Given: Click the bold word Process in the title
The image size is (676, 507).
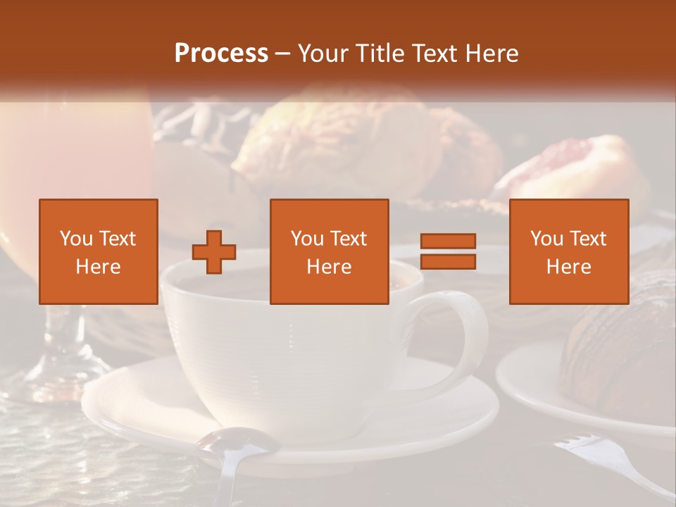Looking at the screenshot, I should click(x=221, y=54).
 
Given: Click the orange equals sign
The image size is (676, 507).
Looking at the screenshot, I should click(x=448, y=251).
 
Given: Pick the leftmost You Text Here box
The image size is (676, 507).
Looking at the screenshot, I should click(x=99, y=251).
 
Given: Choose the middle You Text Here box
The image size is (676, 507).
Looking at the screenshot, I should click(x=329, y=251).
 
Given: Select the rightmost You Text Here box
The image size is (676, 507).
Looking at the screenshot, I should click(x=568, y=251).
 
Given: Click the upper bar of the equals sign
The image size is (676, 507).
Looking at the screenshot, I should click(x=448, y=242).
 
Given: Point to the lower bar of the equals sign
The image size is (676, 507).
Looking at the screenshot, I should click(x=448, y=262).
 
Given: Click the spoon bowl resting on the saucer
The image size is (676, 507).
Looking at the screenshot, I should click(x=239, y=442).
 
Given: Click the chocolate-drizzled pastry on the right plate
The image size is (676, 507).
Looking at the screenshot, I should click(x=620, y=352).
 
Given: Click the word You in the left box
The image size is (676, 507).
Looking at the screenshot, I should click(x=76, y=239).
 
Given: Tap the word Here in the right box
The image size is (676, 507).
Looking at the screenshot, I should click(x=568, y=267).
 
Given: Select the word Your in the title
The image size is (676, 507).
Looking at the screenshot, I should click(x=320, y=54).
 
